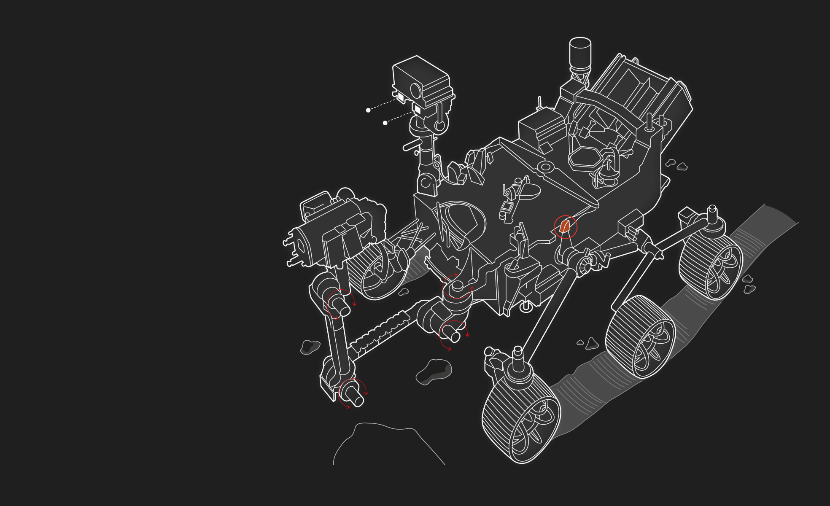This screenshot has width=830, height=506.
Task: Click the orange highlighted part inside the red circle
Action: (565, 227)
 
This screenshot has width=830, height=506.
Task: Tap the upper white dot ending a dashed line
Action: (368, 110)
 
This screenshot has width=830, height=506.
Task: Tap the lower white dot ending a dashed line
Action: (385, 123)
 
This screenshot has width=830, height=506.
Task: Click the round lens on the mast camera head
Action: (416, 90)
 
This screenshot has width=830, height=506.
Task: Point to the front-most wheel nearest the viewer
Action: (521, 417)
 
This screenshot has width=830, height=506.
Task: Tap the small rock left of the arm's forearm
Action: (310, 347)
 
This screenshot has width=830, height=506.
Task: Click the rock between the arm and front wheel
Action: (434, 371)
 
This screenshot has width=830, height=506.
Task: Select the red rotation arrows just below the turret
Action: (340, 304)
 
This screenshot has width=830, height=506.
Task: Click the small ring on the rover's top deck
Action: (545, 167)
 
